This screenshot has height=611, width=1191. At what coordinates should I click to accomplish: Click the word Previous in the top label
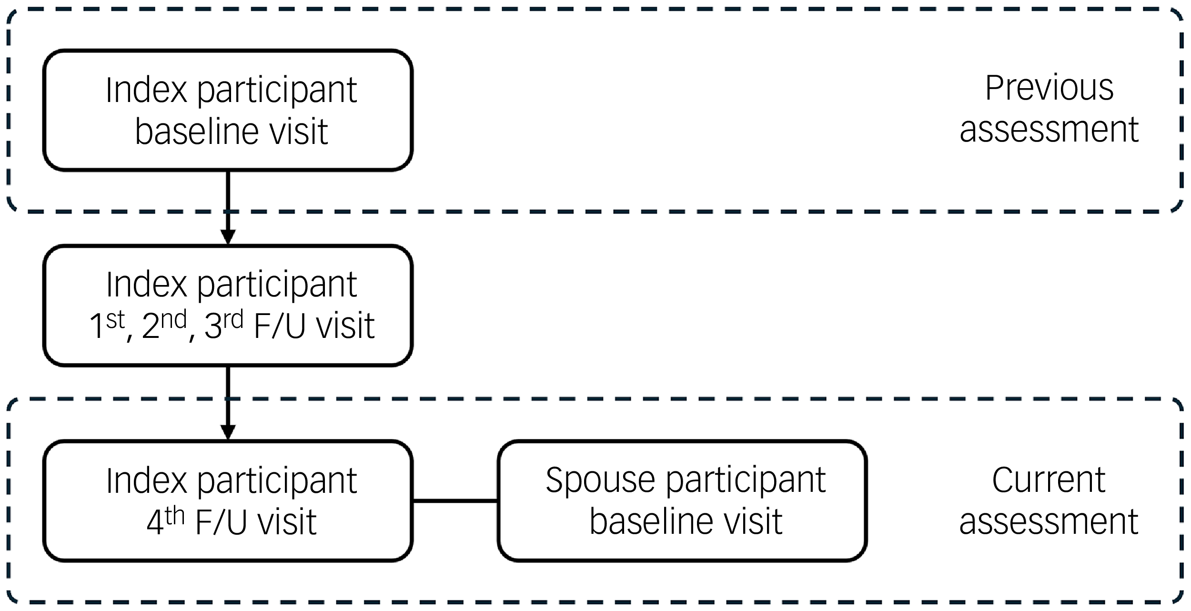point(1049,89)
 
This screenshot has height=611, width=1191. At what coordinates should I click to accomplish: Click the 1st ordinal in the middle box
point(107,325)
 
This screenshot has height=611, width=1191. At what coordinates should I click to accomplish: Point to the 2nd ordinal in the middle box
point(164,325)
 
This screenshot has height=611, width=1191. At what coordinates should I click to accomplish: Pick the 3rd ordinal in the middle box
point(223,325)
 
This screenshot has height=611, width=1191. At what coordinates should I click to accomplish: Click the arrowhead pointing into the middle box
point(228,236)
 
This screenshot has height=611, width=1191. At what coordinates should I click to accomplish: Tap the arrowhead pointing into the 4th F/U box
point(228,432)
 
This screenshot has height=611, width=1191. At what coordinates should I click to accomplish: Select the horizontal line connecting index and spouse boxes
point(455,501)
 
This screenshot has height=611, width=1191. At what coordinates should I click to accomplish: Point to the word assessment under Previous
point(1049,130)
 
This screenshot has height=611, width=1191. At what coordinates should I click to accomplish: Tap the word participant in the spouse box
point(746,481)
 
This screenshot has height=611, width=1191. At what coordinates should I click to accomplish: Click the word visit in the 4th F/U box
point(286,522)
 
